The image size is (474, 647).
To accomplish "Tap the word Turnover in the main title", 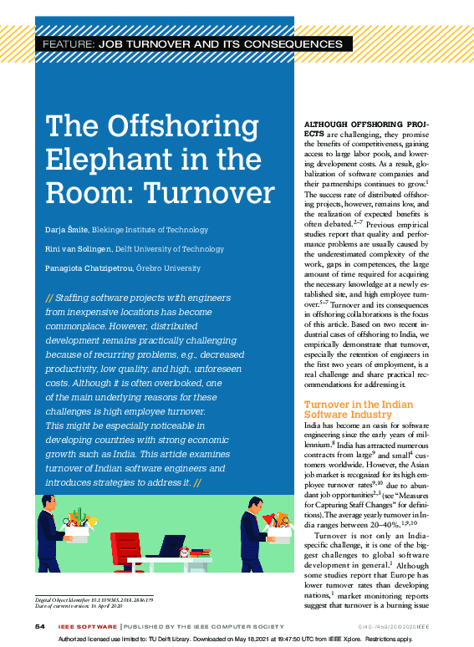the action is [x=210, y=192].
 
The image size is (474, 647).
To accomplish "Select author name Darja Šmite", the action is [x=66, y=230].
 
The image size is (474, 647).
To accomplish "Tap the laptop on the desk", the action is [x=172, y=547].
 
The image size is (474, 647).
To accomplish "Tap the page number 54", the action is [x=38, y=627].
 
